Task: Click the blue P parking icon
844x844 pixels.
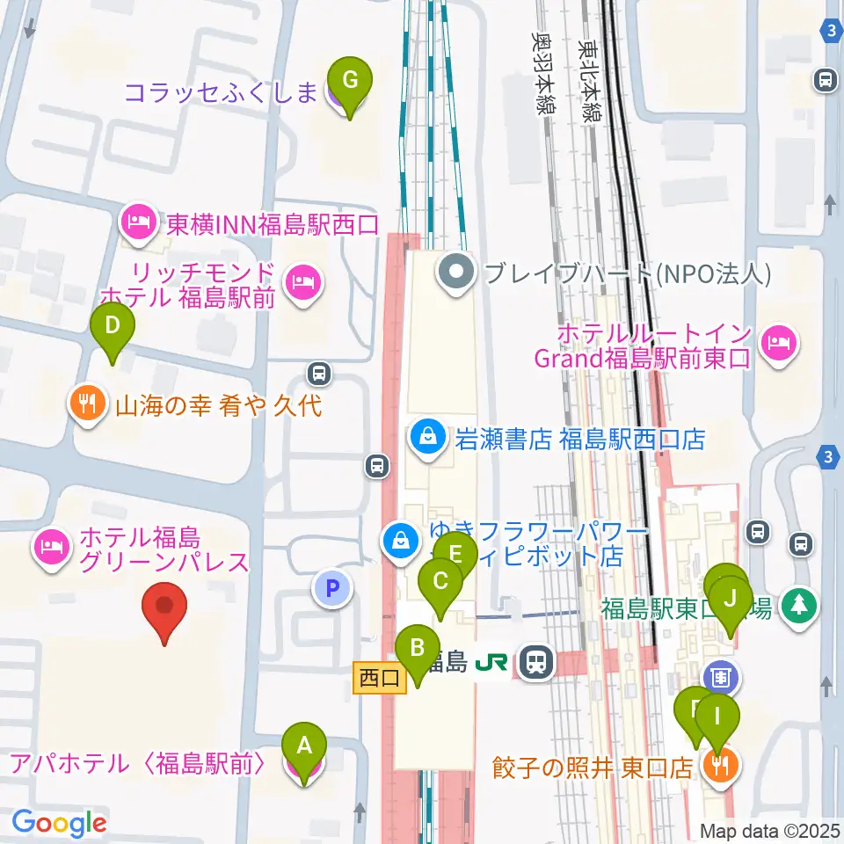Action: coord(332,588)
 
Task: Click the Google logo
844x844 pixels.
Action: coord(59,823)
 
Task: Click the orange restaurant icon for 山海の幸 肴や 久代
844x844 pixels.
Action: coord(87,404)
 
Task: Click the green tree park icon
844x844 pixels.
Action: coord(800,606)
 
